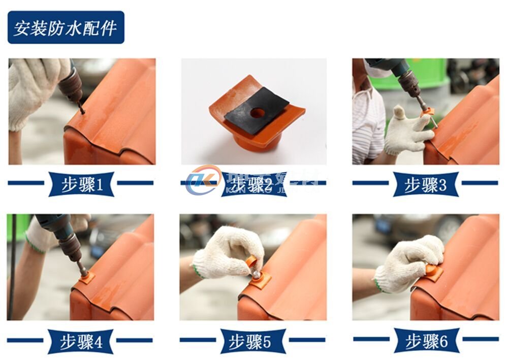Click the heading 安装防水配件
66,27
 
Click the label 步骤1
81,184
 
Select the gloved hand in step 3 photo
406,131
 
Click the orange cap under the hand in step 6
433,271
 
